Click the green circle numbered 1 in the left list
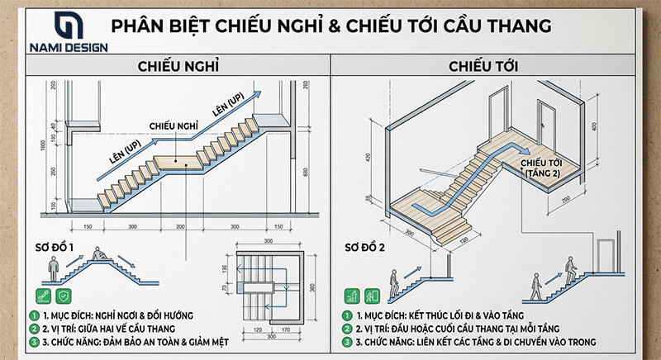pos(34,315)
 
